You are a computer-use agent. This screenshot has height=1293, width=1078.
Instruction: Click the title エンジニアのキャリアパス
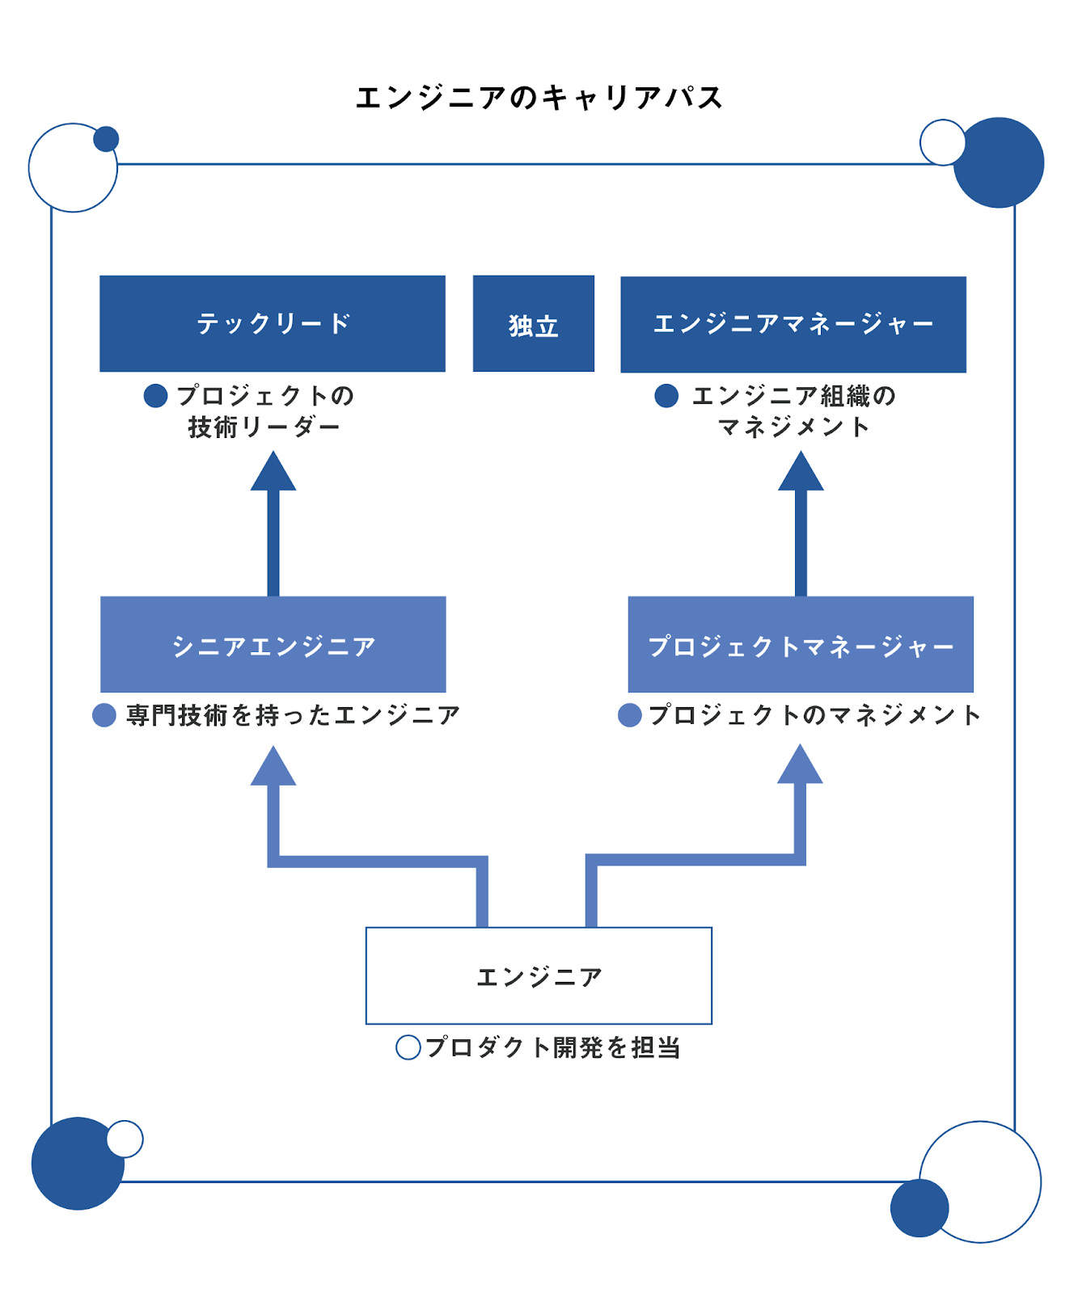click(539, 98)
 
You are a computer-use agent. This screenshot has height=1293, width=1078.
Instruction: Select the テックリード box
click(272, 323)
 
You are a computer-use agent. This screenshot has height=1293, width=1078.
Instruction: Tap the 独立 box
click(533, 323)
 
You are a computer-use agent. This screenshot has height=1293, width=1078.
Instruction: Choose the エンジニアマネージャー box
click(793, 324)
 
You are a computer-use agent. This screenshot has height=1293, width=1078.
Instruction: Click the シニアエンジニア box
click(273, 644)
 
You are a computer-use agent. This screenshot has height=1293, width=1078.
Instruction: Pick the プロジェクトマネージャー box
click(800, 644)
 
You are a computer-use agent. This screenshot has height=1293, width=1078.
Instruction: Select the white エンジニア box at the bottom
click(539, 975)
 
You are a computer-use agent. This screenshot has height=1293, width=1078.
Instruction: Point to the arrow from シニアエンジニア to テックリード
click(273, 533)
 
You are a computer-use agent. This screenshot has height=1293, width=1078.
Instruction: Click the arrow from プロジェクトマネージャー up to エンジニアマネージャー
click(801, 533)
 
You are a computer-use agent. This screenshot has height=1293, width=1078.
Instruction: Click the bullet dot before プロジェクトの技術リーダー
click(155, 395)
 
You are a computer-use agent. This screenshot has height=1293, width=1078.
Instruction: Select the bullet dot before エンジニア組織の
click(666, 395)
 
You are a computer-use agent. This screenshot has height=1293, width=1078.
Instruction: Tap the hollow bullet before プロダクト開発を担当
click(408, 1047)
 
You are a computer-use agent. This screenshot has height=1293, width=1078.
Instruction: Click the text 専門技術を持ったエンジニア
click(293, 714)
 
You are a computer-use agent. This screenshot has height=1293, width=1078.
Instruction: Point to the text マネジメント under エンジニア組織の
click(793, 427)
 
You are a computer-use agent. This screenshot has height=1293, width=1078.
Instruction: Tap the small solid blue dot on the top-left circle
click(106, 139)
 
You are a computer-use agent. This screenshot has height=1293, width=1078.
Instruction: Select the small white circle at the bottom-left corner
click(125, 1139)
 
